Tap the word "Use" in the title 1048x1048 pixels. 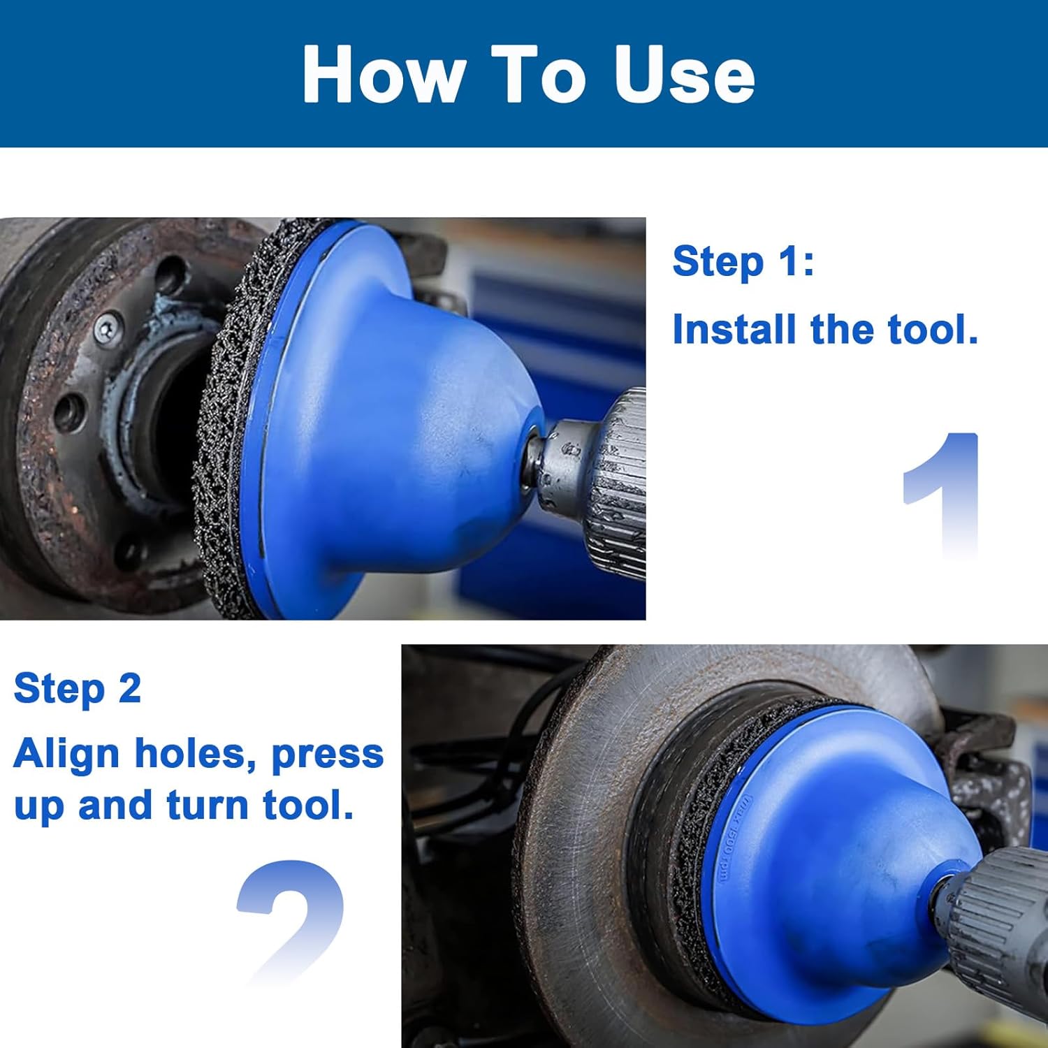(x=684, y=74)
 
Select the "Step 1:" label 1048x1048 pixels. (x=743, y=261)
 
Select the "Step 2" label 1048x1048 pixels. (x=77, y=689)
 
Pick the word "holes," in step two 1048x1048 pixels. (x=195, y=755)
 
